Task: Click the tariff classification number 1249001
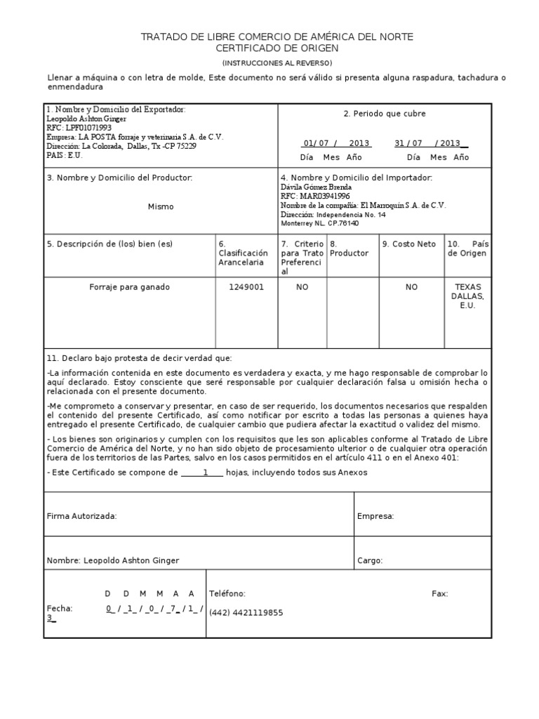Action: click(246, 287)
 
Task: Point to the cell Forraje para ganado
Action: click(129, 287)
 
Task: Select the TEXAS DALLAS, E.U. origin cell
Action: click(468, 296)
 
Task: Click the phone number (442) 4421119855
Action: click(246, 613)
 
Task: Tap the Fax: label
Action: click(439, 594)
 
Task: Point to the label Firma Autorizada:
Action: click(81, 516)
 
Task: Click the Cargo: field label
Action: click(369, 561)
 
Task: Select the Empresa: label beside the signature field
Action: click(375, 516)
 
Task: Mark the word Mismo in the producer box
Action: click(161, 206)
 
